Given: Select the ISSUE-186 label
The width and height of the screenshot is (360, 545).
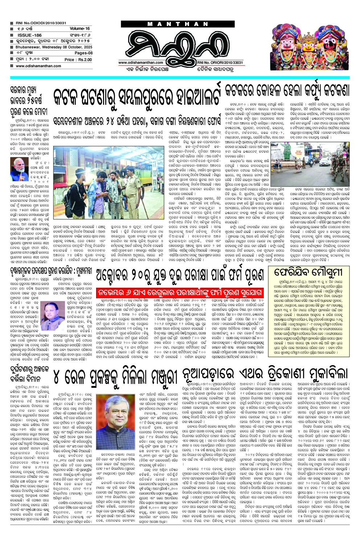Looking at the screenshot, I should [30, 35].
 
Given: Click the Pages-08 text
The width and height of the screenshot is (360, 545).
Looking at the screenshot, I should [83, 53].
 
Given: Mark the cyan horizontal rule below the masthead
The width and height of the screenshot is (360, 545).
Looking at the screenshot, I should [179, 78].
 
